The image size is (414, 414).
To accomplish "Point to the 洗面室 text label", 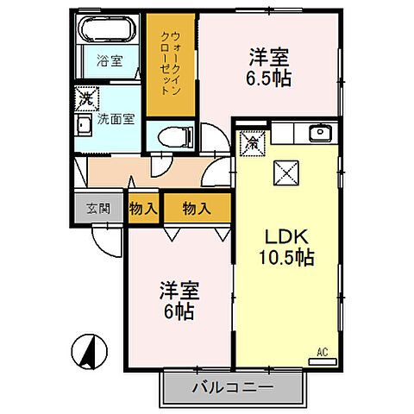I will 116,119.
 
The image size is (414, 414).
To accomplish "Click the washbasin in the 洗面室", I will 85,129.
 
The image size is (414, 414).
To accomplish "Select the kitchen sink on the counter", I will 320,133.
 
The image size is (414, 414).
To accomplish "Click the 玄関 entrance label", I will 97,208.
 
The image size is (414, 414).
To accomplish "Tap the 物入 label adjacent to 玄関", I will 142,208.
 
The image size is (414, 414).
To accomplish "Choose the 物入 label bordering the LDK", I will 197,208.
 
